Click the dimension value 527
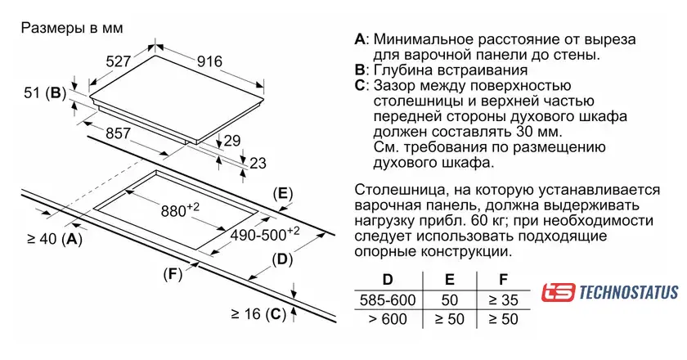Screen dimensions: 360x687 [x=119, y=61]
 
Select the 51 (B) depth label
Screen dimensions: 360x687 [x=44, y=93]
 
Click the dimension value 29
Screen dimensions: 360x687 [x=232, y=141]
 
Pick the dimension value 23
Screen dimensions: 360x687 [x=258, y=163]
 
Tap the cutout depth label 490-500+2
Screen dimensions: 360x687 [x=263, y=233]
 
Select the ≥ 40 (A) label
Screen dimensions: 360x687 [x=55, y=239]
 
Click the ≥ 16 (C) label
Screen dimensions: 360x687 [x=257, y=313]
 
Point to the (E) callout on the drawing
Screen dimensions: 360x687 [x=281, y=194]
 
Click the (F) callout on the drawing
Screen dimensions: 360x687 [x=172, y=273]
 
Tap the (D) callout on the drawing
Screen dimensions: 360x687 [x=281, y=260]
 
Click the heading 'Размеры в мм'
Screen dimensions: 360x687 [x=71, y=28]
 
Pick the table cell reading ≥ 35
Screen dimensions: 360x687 [x=503, y=299]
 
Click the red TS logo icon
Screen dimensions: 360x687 [x=558, y=292]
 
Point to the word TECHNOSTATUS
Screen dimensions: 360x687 [x=627, y=292]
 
